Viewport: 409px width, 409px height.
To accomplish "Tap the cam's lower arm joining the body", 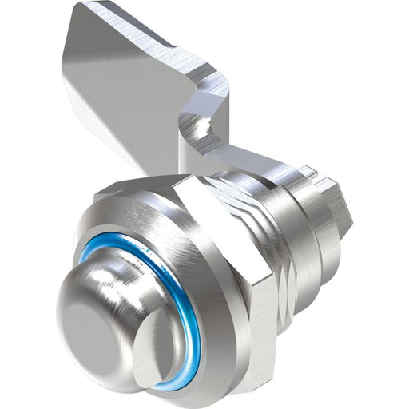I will pos(256,164).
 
